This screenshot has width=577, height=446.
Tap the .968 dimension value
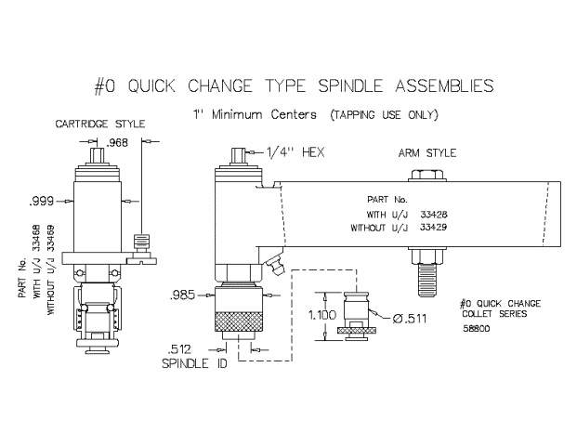[x=117, y=142]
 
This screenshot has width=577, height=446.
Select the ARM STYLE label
[x=424, y=152]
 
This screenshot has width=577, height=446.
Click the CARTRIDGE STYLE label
[x=95, y=124]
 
